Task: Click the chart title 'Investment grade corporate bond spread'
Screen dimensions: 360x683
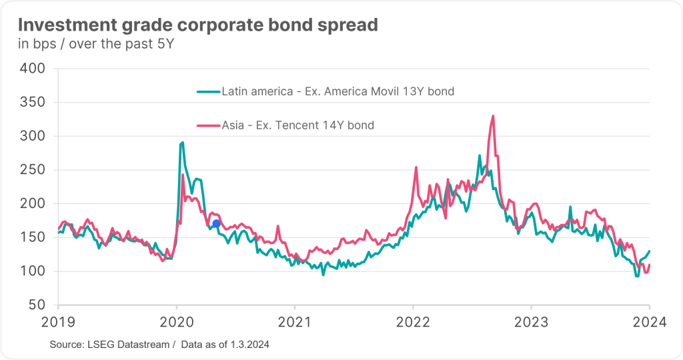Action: click(197, 25)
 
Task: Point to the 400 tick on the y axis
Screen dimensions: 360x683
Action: click(31, 69)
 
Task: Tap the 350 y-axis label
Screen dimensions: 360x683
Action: click(31, 103)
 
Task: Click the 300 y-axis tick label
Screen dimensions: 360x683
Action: click(31, 136)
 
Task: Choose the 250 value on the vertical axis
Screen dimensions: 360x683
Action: click(31, 170)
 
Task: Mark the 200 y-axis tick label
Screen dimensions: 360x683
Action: click(31, 204)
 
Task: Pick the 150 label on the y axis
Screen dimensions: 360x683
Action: click(31, 237)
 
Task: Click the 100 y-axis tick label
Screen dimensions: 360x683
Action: click(31, 271)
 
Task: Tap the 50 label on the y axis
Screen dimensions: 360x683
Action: click(36, 305)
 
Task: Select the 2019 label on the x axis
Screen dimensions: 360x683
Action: click(58, 322)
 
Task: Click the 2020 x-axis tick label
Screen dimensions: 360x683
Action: click(176, 322)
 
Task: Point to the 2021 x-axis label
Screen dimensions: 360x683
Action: click(294, 322)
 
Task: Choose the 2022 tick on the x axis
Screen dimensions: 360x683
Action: click(413, 322)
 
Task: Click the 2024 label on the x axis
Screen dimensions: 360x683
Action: click(650, 322)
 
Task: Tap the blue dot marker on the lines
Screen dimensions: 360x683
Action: click(216, 223)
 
